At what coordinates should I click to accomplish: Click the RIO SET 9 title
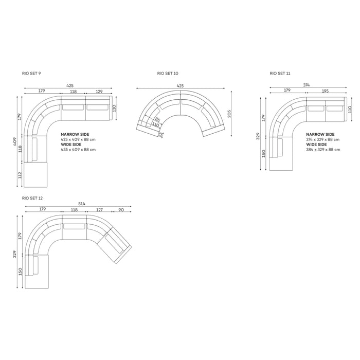tap(31, 74)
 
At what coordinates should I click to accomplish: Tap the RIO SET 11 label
tap(280, 74)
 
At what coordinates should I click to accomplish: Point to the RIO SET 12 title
tap(32, 197)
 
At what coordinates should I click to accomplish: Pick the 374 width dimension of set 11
tap(306, 85)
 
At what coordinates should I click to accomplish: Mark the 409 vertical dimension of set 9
tap(16, 141)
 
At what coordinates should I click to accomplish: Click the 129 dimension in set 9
tap(99, 91)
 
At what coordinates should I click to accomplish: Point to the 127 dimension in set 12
tap(99, 210)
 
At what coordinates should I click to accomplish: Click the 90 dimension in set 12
tap(121, 210)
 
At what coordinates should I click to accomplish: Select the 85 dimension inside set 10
tap(157, 120)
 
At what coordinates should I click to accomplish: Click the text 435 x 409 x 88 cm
tap(78, 150)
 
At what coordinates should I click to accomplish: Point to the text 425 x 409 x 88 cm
tap(78, 139)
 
